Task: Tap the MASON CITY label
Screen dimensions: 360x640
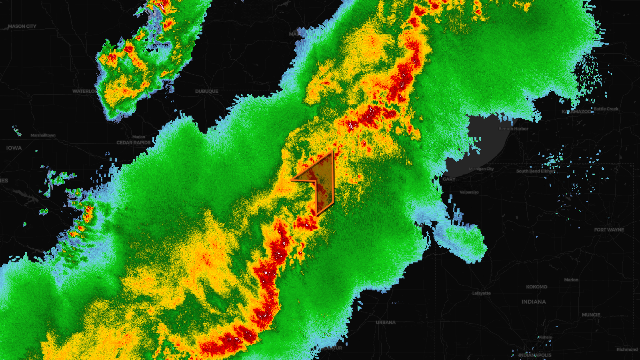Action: (x=22, y=26)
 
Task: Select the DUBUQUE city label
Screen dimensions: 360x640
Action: (x=207, y=91)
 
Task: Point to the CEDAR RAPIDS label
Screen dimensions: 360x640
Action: (x=134, y=142)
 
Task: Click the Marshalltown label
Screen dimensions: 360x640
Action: (x=43, y=135)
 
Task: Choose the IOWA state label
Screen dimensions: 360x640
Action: (x=14, y=148)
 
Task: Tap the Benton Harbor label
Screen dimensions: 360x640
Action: (x=513, y=129)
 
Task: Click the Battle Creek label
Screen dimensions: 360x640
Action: (x=606, y=109)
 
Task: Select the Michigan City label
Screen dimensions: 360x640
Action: (x=481, y=169)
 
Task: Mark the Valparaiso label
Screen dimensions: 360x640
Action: (x=469, y=192)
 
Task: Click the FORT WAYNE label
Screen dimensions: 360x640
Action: (x=609, y=230)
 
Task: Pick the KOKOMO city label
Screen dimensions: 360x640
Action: (x=536, y=287)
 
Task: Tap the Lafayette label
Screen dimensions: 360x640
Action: (x=481, y=293)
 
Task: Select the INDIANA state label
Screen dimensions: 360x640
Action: (x=534, y=302)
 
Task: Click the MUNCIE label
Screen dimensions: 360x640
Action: (x=591, y=315)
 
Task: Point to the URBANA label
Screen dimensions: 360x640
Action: (x=386, y=322)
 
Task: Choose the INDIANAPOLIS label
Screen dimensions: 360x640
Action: (x=535, y=355)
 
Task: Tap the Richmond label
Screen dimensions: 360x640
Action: (x=627, y=349)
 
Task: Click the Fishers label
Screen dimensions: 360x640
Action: (x=545, y=337)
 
